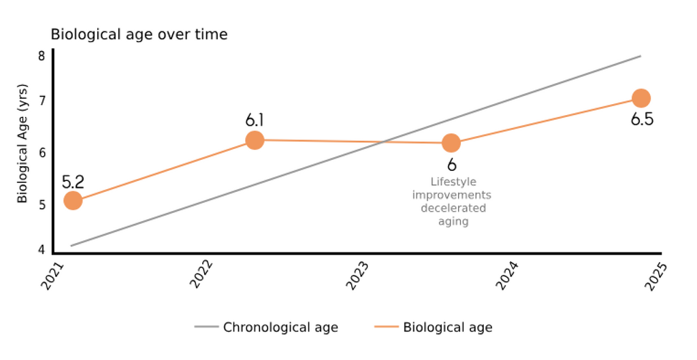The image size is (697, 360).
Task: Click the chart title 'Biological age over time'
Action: click(139, 35)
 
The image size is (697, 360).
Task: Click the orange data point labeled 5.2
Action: click(73, 201)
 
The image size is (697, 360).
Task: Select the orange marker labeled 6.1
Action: click(255, 140)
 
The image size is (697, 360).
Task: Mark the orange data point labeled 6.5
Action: click(641, 98)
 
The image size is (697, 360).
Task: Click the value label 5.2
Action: click(73, 182)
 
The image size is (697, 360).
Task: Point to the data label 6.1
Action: click(255, 121)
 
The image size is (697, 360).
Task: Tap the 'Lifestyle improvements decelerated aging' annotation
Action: click(452, 201)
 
